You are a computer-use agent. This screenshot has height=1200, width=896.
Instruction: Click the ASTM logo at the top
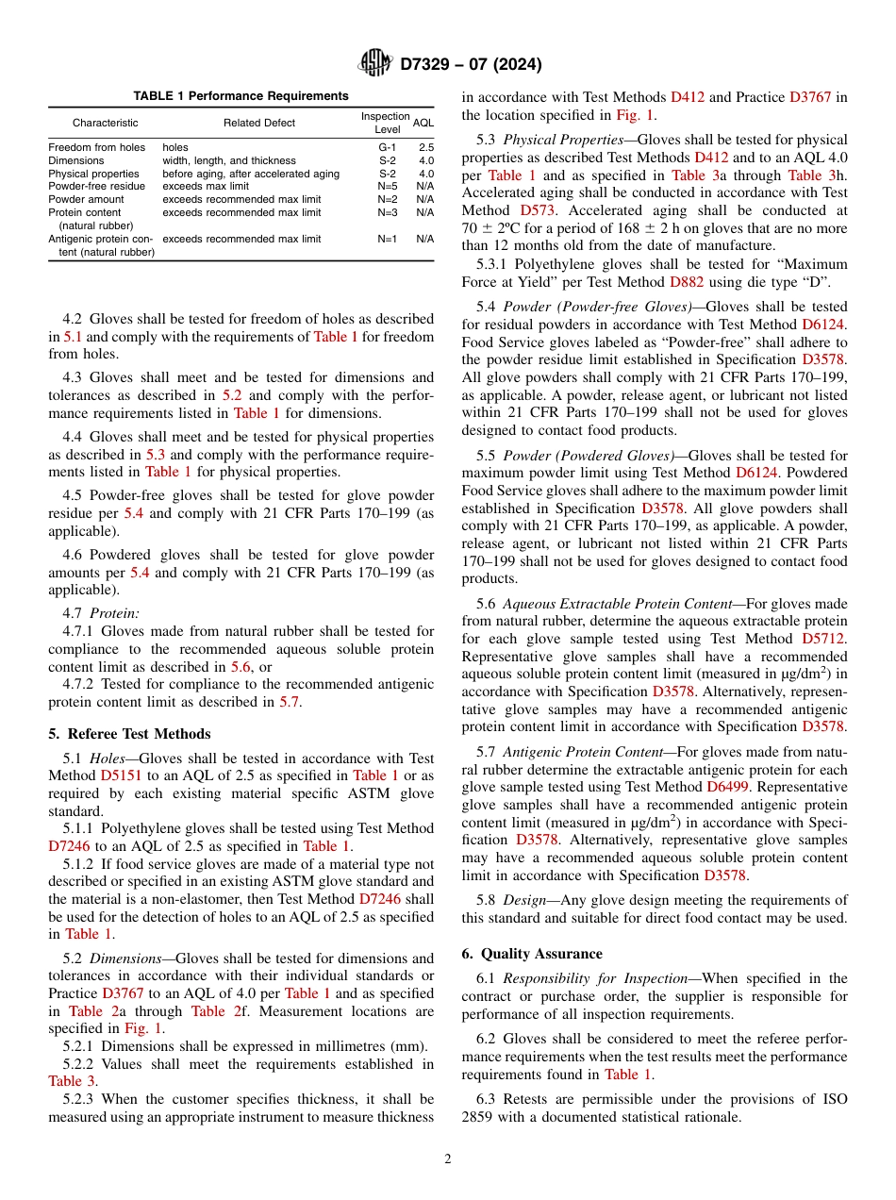(x=374, y=63)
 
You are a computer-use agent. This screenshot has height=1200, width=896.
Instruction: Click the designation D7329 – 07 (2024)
(x=471, y=64)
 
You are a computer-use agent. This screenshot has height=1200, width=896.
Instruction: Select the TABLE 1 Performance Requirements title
(x=241, y=96)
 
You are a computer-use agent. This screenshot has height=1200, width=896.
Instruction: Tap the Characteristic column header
(x=105, y=123)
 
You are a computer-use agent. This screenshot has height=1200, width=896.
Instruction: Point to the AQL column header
(x=423, y=123)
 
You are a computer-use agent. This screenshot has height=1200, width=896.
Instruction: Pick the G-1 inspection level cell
(x=388, y=147)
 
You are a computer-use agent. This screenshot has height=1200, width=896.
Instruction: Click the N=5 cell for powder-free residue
(x=388, y=187)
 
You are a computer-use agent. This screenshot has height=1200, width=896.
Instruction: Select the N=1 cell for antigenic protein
(x=388, y=240)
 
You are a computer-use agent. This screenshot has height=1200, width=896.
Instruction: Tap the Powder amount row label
(x=86, y=200)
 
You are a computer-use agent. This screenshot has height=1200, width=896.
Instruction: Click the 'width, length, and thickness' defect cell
(x=229, y=160)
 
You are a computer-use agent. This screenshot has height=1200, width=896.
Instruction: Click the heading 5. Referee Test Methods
(x=129, y=734)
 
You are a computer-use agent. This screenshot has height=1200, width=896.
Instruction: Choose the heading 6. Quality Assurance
(x=532, y=954)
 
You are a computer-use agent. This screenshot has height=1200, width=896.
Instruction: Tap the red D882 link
(x=689, y=281)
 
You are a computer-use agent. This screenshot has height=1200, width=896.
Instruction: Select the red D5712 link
(x=824, y=639)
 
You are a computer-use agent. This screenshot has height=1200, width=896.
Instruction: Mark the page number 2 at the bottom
(x=448, y=1159)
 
